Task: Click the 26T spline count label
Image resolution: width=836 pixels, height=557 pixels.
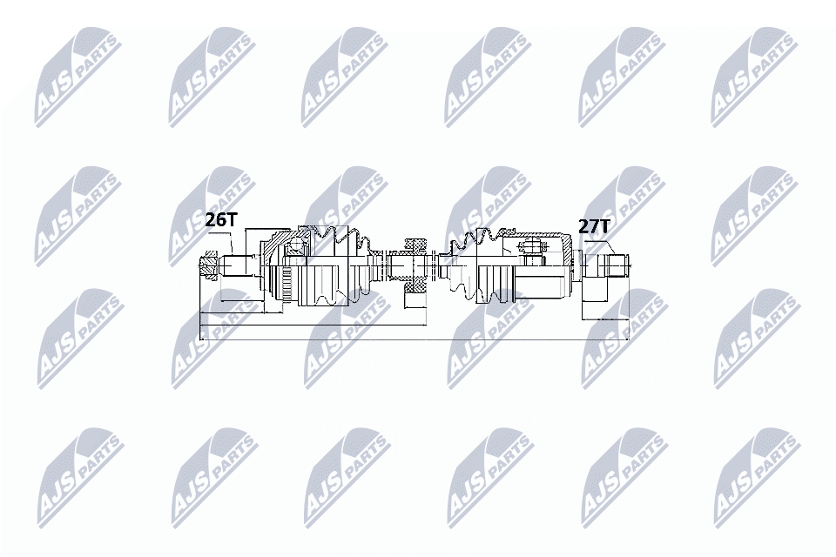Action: [220, 219]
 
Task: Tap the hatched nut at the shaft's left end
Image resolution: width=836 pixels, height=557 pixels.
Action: [208, 266]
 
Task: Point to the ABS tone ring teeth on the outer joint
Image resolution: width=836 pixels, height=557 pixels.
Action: [286, 285]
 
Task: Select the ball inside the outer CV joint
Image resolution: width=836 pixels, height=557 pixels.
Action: [294, 245]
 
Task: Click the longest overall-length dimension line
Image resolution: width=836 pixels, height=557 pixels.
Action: [415, 339]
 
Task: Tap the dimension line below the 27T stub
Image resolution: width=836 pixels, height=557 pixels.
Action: [606, 319]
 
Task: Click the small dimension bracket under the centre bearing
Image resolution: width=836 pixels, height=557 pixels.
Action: [416, 300]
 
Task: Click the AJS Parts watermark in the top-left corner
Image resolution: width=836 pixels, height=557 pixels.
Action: [78, 78]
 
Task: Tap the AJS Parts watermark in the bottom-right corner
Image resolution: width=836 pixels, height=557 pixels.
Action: [757, 477]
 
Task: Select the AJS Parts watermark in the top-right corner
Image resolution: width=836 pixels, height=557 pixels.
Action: [754, 78]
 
